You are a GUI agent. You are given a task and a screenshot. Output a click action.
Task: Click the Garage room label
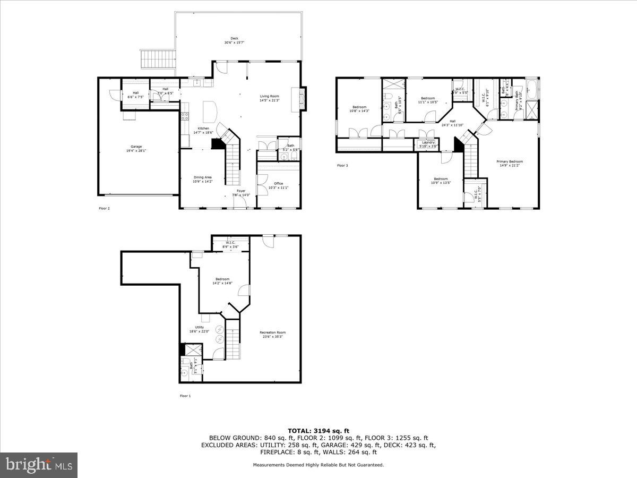point(136,147)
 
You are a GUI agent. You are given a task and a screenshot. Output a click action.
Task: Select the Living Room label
point(269,96)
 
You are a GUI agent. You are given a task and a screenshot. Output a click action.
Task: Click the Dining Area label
point(202,177)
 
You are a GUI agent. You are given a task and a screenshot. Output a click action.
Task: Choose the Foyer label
point(241,191)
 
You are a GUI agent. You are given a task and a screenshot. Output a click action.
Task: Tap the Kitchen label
point(204,129)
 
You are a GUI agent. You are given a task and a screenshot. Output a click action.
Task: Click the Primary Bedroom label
point(510,161)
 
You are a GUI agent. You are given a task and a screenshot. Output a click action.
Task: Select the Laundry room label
point(428,142)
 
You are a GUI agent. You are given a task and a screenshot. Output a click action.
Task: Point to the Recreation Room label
point(273,333)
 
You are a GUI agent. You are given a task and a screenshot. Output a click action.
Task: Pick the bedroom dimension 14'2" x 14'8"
point(222,284)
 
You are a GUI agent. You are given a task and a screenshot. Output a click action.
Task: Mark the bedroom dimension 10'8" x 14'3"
point(359,111)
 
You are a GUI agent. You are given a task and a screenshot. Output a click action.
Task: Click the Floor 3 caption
point(343,166)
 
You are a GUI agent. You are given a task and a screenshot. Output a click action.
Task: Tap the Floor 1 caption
point(185,396)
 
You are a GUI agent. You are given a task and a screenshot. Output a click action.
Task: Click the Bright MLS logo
point(39,465)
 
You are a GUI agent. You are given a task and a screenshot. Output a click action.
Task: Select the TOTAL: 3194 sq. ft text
point(318,431)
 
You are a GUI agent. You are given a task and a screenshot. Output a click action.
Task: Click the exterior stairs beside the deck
point(157,59)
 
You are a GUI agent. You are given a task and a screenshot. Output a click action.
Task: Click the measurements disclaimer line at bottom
point(318,465)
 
